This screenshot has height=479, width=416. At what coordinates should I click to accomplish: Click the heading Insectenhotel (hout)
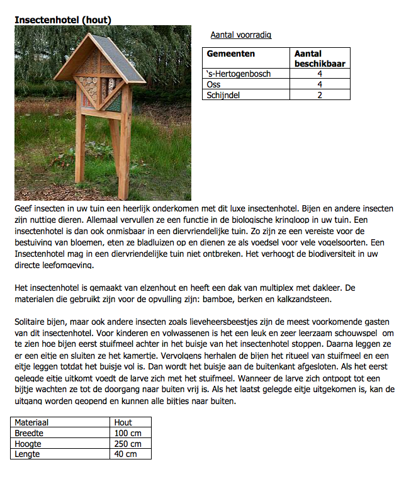click(63, 20)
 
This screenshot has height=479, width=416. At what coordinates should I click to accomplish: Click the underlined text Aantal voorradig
click(241, 35)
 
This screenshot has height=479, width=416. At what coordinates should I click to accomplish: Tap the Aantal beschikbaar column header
click(320, 59)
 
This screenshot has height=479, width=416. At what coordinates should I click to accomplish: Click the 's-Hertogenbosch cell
click(239, 74)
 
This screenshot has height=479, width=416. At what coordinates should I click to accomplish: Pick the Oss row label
click(213, 84)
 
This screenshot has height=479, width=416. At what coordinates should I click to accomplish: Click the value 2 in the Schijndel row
click(320, 95)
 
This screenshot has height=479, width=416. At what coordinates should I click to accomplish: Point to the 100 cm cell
click(128, 433)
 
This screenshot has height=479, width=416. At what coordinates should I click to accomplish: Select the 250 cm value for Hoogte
click(128, 443)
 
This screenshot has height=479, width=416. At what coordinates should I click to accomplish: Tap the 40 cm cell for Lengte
click(126, 453)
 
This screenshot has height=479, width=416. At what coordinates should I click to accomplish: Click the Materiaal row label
click(32, 423)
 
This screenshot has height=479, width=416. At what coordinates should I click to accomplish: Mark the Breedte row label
click(29, 433)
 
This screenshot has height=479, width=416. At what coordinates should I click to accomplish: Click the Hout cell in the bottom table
click(123, 423)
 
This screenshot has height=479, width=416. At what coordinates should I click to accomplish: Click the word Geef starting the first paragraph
click(24, 207)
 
